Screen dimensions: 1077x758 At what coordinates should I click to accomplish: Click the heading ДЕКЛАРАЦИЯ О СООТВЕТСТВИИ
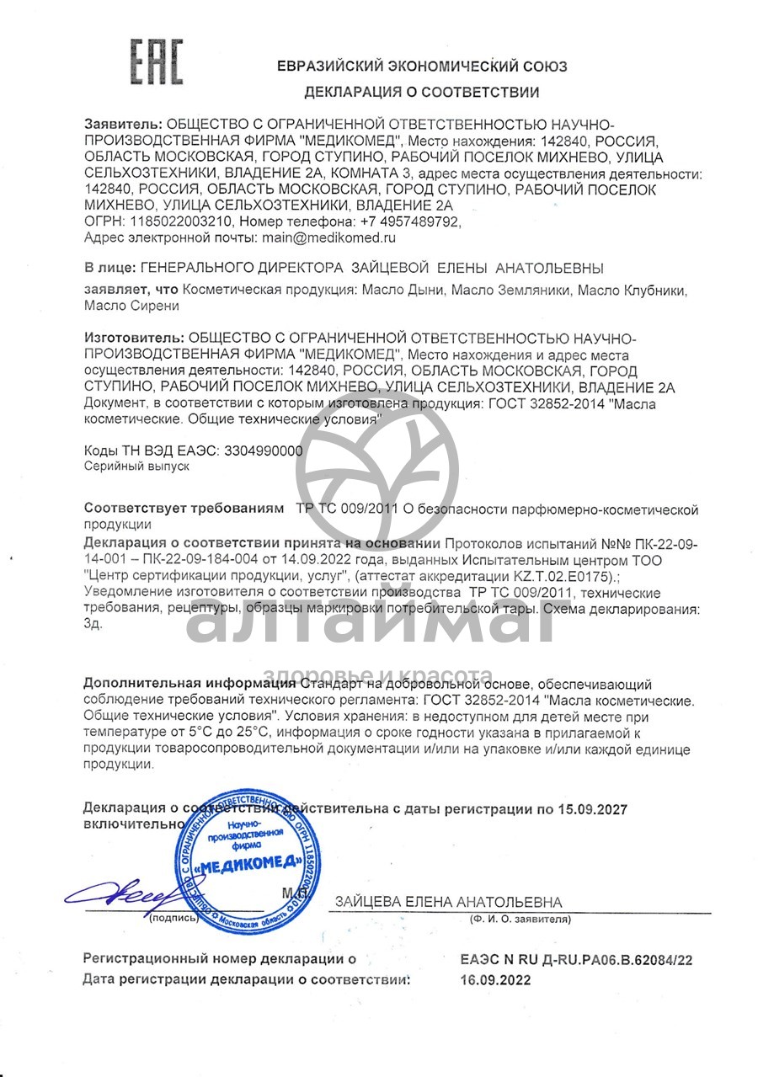click(x=421, y=93)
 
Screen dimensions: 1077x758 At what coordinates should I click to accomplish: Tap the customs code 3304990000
click(x=264, y=451)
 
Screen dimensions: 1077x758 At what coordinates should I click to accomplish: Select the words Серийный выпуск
click(x=137, y=465)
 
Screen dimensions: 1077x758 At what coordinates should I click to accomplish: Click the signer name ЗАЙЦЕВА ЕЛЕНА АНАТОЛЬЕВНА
click(x=447, y=902)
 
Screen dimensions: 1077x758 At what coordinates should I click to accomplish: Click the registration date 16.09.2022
click(x=496, y=980)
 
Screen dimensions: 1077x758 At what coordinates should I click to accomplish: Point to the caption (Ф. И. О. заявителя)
click(x=520, y=920)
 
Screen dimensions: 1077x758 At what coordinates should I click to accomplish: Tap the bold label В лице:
click(x=108, y=269)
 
